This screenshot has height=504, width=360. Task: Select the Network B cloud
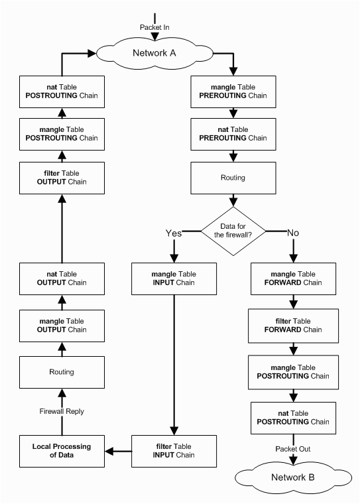point(292,477)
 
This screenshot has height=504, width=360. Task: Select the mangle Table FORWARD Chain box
point(292,278)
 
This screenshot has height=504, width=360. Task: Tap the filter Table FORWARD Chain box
point(292,325)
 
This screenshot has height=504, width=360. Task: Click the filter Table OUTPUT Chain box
point(61,177)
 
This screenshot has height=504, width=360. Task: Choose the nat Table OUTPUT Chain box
point(61,278)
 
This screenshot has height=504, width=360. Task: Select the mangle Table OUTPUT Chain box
point(61,325)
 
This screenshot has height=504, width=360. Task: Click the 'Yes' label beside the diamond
point(173,233)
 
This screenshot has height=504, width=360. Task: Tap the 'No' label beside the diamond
point(292,233)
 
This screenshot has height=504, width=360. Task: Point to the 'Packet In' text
point(155,27)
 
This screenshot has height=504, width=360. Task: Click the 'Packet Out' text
point(292,448)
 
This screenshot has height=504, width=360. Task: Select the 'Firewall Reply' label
point(61,411)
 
